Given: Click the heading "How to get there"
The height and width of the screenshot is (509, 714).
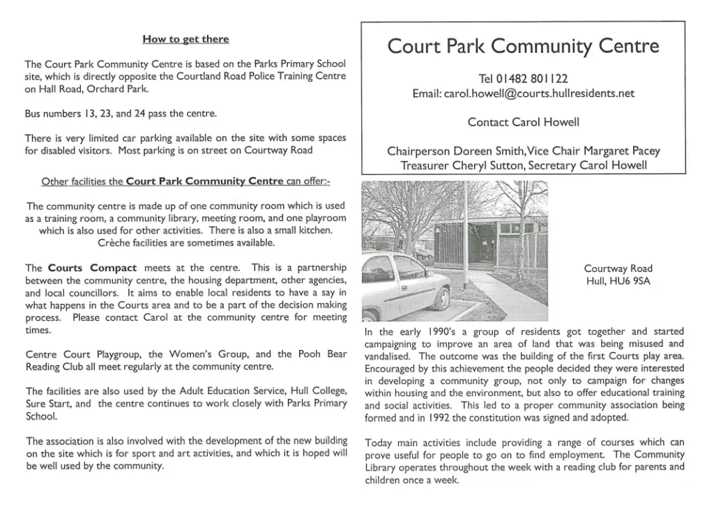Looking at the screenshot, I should [x=185, y=39].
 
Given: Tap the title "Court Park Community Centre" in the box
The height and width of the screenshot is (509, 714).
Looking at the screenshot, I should [x=523, y=47].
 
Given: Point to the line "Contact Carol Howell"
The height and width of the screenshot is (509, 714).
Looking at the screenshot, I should [x=523, y=122].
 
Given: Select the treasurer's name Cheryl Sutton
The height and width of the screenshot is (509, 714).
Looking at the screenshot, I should [x=486, y=165].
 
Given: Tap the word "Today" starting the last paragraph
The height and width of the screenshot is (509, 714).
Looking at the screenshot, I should [x=380, y=443].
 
